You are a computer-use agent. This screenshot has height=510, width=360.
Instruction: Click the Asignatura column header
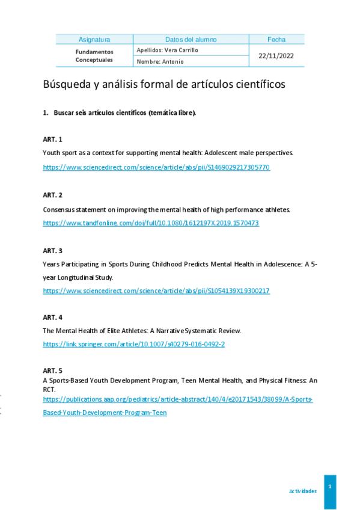pos(94,40)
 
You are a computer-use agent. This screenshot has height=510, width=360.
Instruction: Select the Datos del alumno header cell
pos(191,40)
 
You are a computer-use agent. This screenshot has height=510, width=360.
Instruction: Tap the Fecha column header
pos(276,40)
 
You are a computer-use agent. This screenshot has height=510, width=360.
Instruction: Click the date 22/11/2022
pos(276,55)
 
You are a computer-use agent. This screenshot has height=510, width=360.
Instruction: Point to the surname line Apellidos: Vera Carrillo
pos(168,50)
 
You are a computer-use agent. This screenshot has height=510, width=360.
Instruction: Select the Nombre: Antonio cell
pos(160,61)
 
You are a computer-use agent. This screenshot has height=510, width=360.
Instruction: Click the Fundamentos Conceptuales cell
pos(94,56)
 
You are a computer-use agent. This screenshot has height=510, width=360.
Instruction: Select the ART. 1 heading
pos(53,139)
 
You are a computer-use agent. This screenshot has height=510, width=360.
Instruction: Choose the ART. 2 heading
pos(53,195)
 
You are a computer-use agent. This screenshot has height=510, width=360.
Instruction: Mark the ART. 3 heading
pos(53,250)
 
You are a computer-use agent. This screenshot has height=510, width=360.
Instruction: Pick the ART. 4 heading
pos(53,317)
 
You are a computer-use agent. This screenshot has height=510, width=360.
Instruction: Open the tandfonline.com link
pos(151,223)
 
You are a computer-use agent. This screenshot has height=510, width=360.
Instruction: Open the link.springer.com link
pos(134,345)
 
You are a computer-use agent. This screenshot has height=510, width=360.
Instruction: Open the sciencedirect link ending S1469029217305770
pos(156,167)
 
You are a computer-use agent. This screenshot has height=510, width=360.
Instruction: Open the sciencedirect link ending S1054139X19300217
pos(156,291)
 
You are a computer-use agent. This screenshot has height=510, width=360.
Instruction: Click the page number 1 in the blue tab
pos(330,485)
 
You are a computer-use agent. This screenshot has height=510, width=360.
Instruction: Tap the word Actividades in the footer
pos(303,491)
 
